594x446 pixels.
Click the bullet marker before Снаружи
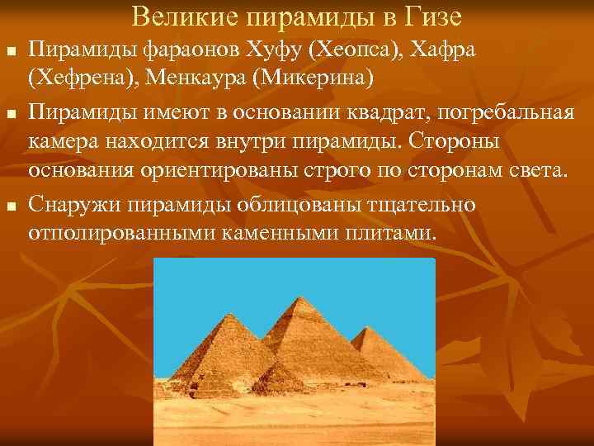click(10, 204)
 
